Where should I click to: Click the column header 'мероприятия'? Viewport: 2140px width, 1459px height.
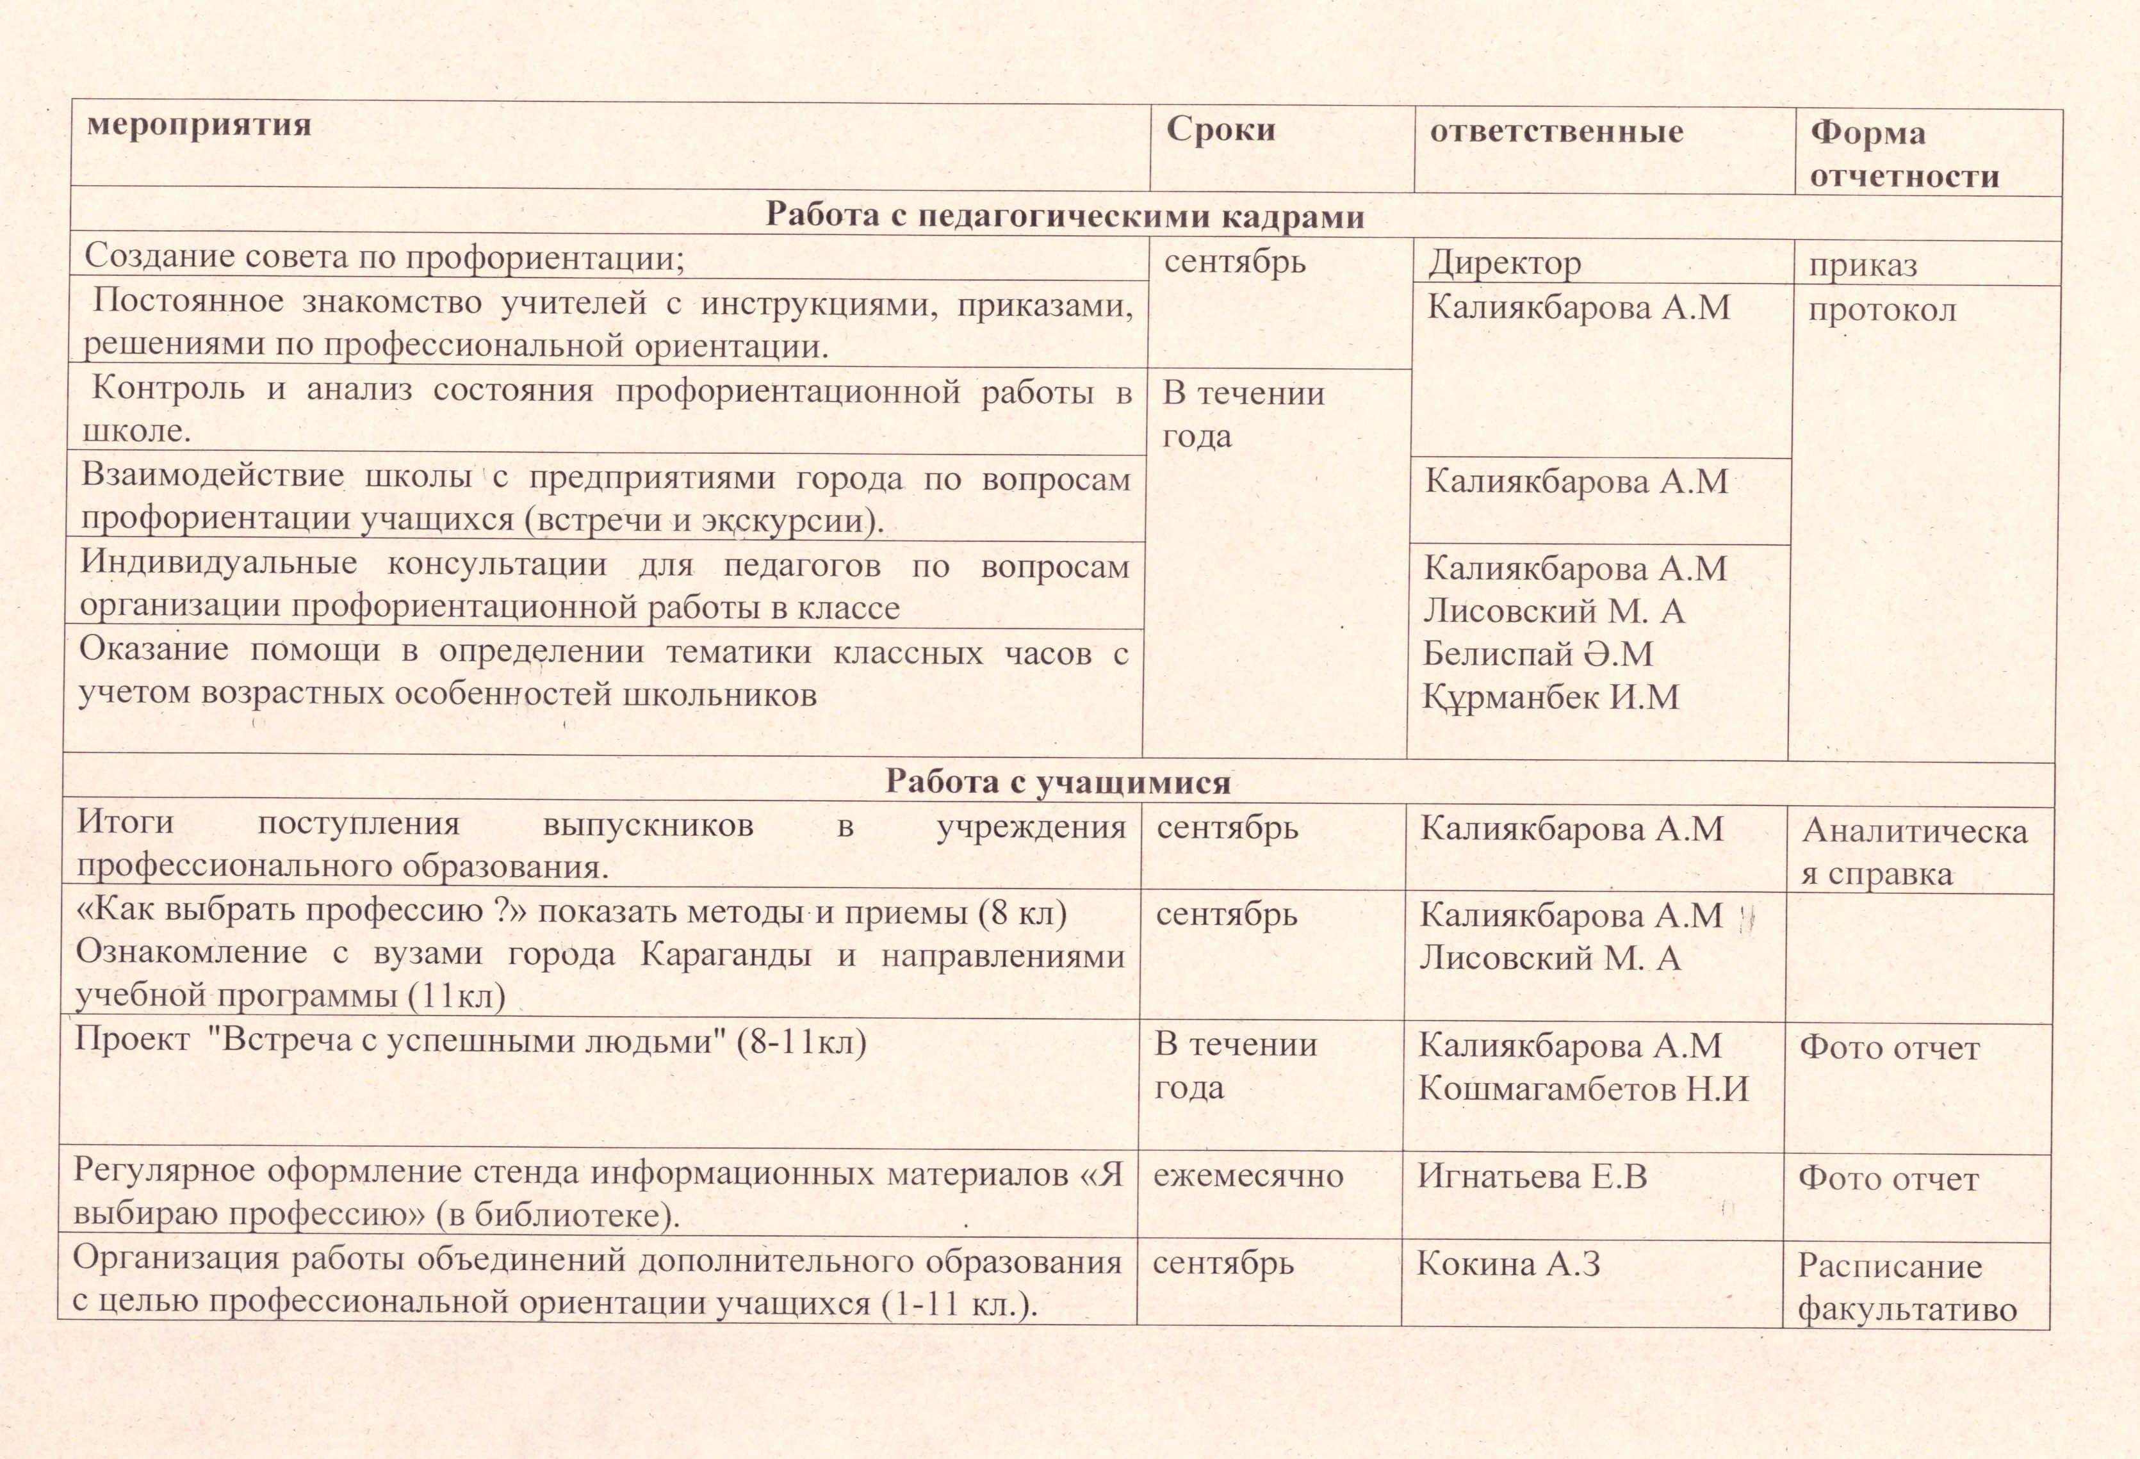coord(199,125)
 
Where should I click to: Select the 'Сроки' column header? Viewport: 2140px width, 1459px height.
coord(1220,129)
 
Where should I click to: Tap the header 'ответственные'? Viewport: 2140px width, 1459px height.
coord(1556,132)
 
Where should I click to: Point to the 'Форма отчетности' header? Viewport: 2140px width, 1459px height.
coord(1904,154)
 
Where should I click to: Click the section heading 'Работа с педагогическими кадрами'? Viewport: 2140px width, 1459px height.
coord(1065,216)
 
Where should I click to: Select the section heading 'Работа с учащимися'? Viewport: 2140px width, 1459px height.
coord(1058,781)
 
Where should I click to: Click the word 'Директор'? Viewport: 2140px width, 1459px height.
coord(1505,264)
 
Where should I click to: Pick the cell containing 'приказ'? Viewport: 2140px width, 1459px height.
coord(1863,266)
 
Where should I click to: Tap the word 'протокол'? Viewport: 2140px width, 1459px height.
coord(1882,310)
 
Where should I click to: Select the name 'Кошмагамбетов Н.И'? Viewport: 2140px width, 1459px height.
coord(1583,1089)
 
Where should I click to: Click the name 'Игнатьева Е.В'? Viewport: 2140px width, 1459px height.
coord(1532,1175)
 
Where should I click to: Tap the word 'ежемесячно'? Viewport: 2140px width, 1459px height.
coord(1248,1175)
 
